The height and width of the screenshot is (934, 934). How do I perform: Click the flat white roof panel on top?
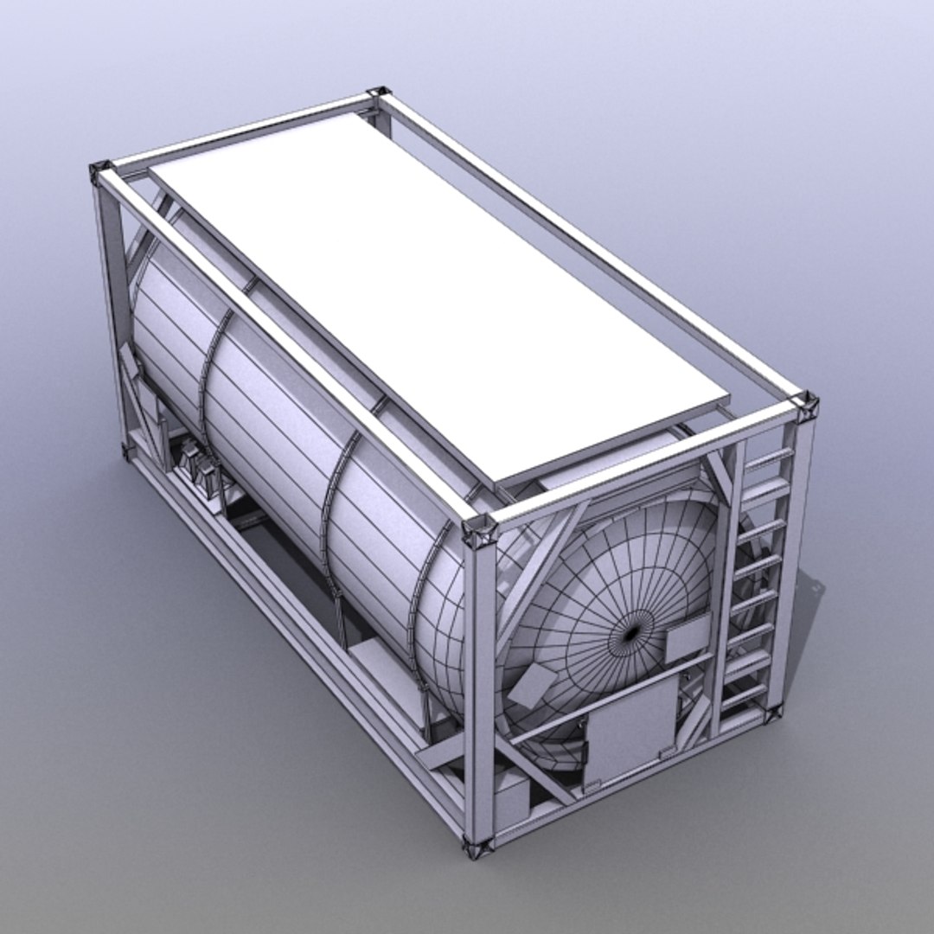pyautogui.click(x=432, y=285)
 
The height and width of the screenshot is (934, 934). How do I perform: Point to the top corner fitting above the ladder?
pyautogui.click(x=806, y=404)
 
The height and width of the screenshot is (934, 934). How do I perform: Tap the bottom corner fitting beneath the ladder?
pyautogui.click(x=772, y=714)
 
